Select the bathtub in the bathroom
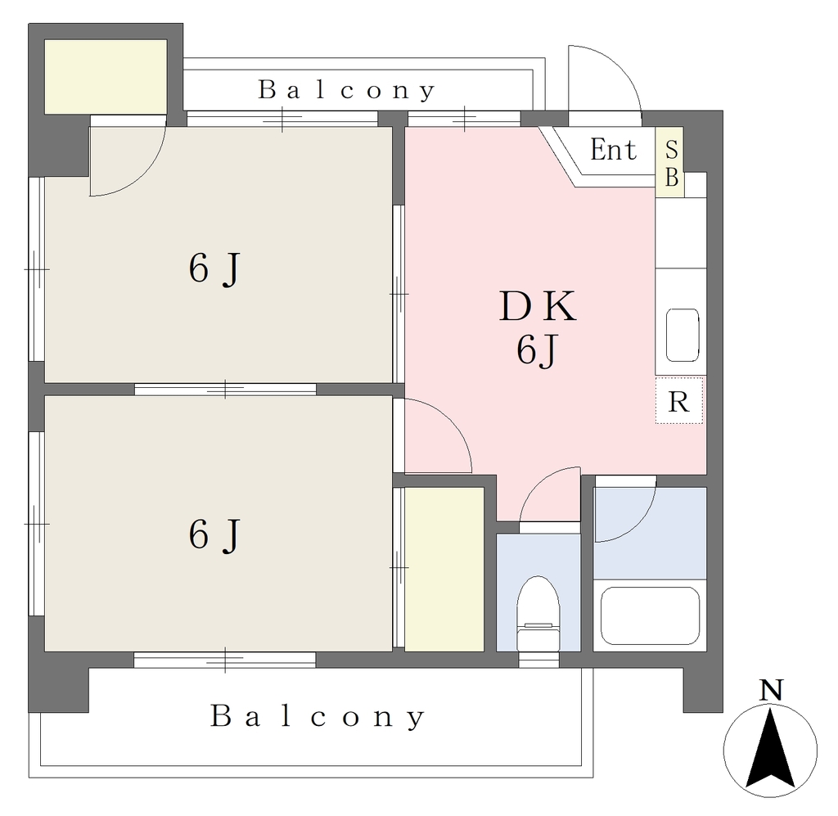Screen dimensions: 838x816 pos(650,616)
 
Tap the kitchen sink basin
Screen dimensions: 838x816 pos(683,335)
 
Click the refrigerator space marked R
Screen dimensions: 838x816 pos(678,401)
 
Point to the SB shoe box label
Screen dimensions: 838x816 pos(671,162)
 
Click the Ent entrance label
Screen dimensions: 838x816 pos(613,150)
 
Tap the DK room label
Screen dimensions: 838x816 pos(538,306)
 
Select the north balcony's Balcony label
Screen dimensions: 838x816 pos(347,90)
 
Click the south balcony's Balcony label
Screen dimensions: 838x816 pos(318,716)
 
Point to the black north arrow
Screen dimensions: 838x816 pos(769,748)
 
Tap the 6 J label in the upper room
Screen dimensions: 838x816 pos(214,269)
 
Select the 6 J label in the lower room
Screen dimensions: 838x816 pos(214,535)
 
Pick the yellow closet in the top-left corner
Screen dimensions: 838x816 pos(106,76)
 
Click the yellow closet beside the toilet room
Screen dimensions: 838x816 pos(444,569)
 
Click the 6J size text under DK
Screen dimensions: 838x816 pos(537,351)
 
